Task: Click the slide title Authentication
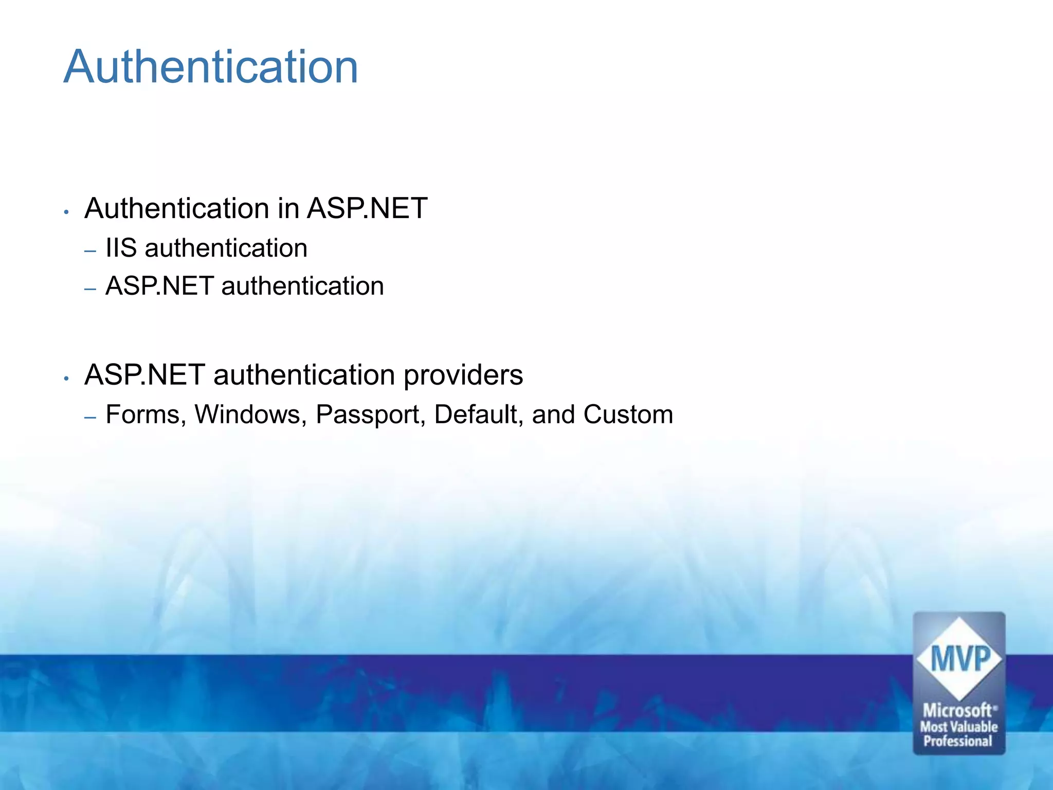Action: click(211, 67)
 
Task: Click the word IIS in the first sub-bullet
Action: click(121, 248)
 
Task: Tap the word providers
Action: click(463, 375)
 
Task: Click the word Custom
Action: click(628, 415)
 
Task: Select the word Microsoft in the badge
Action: click(958, 710)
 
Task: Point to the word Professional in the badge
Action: click(958, 741)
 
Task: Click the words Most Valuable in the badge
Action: click(959, 727)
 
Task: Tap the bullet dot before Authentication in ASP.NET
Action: click(66, 212)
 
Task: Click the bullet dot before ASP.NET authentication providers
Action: click(66, 379)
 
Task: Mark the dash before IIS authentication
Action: click(90, 252)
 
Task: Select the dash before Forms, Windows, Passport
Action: click(90, 418)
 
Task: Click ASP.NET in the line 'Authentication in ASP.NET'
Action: click(367, 209)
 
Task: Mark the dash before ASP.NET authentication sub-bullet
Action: click(90, 290)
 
